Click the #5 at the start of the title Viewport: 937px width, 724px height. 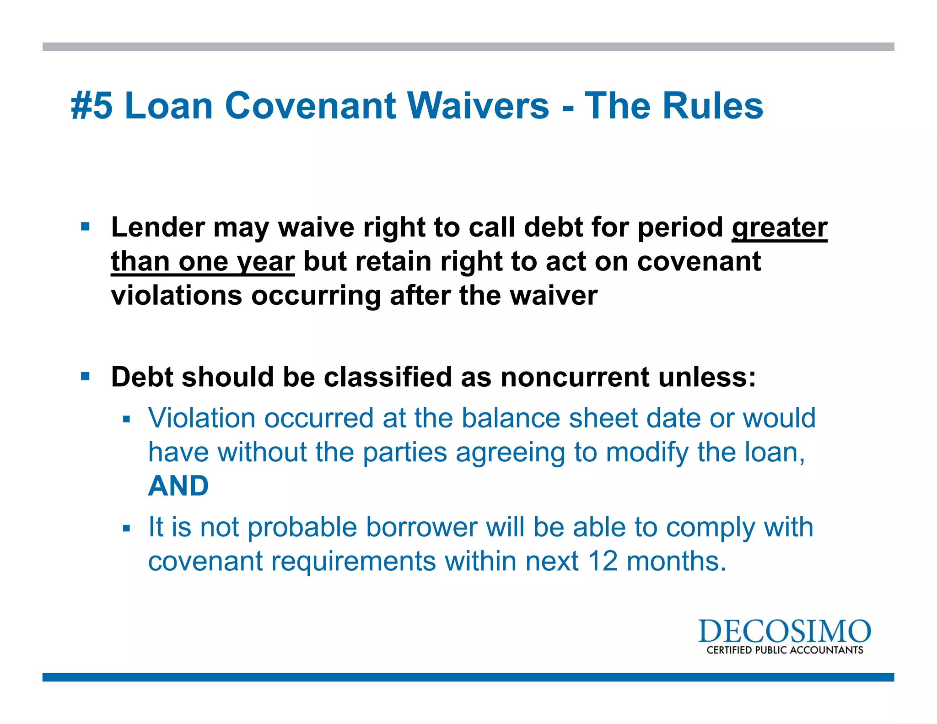pos(92,106)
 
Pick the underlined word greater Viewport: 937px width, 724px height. pos(780,227)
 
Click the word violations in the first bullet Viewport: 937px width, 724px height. pos(177,296)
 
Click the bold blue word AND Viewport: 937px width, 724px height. pos(178,486)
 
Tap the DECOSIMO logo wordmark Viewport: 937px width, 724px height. pos(784,631)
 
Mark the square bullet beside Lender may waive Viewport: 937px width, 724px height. pos(85,227)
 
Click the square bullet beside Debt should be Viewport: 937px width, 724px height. pos(85,377)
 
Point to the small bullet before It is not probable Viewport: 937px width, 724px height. pos(127,529)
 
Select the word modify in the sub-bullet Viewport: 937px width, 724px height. pos(647,452)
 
